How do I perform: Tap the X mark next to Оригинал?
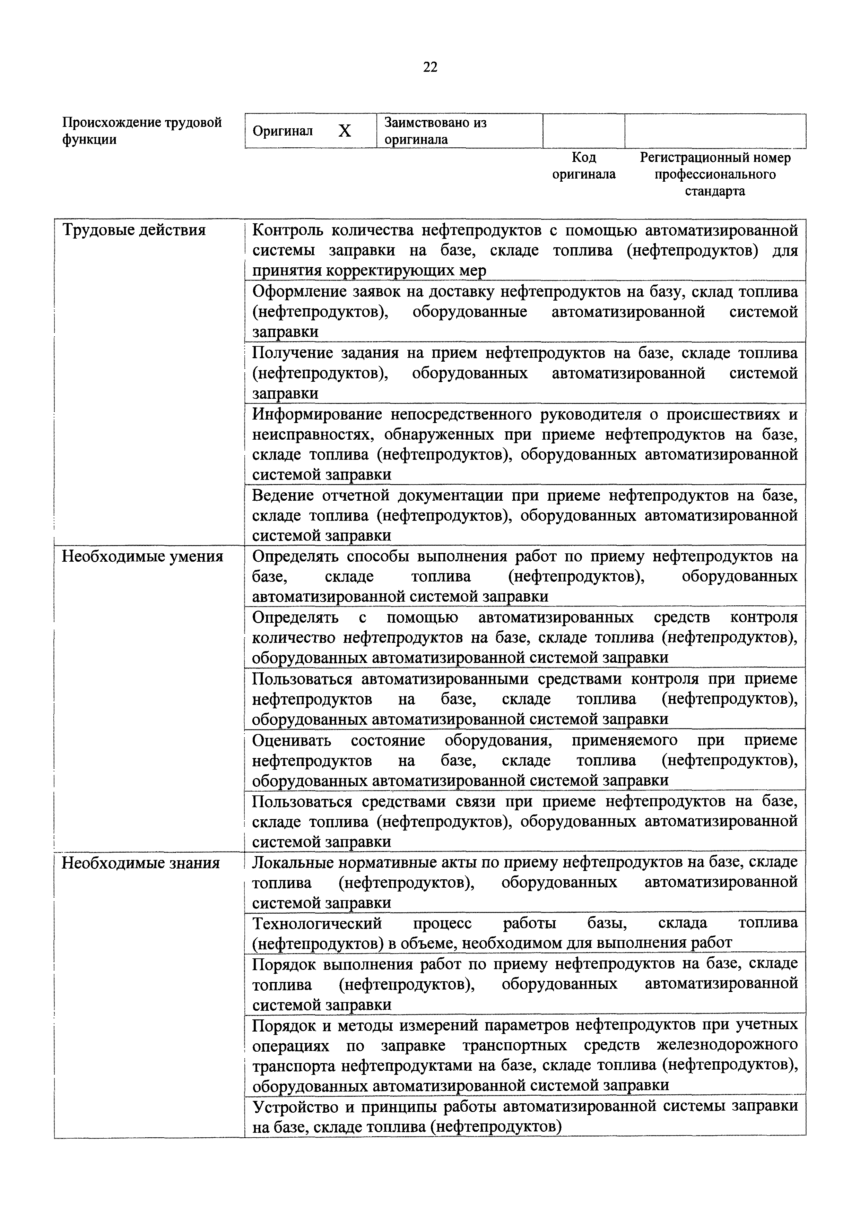[345, 130]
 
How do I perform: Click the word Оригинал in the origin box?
[283, 131]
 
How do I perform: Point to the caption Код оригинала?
[584, 166]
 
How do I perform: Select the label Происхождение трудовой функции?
[142, 131]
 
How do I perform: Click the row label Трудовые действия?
[134, 230]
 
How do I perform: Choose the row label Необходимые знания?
[141, 863]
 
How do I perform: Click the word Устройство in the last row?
[292, 1107]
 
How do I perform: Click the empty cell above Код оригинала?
[584, 131]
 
